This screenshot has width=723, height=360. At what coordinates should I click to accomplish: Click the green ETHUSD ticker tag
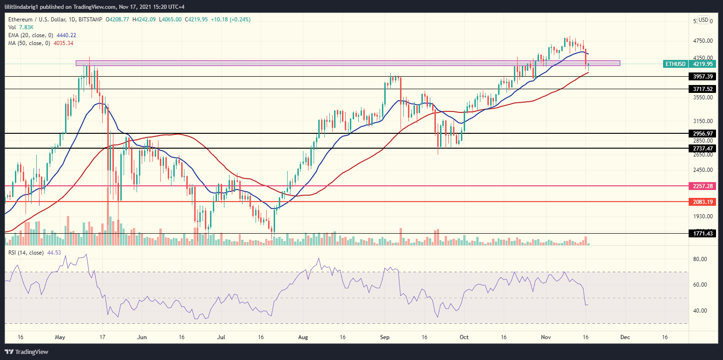tap(674, 64)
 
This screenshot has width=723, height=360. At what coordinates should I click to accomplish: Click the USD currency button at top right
tap(703, 20)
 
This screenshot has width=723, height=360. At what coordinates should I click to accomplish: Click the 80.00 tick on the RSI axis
tap(700, 259)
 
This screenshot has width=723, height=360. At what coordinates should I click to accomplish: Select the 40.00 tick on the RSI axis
tap(700, 311)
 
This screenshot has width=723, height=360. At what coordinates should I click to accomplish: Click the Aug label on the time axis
tap(303, 337)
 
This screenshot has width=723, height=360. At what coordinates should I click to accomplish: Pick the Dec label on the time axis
tap(625, 337)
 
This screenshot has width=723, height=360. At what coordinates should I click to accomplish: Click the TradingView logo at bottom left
tap(26, 352)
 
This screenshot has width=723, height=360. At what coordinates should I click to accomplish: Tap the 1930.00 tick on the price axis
tap(700, 216)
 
